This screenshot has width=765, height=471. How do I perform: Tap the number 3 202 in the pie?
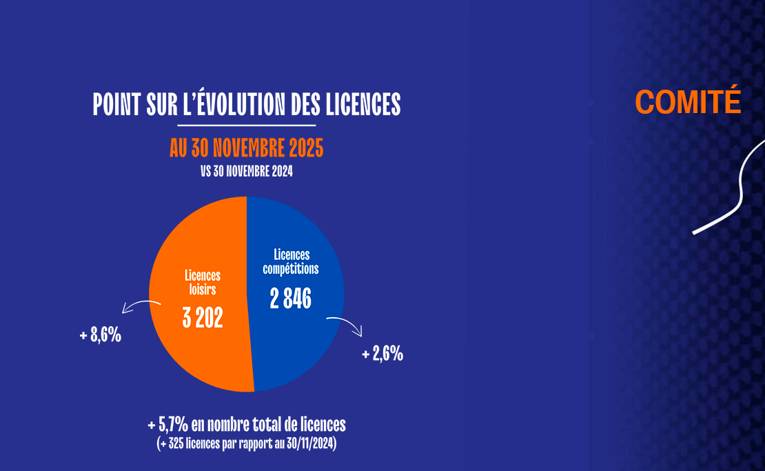[x=203, y=318]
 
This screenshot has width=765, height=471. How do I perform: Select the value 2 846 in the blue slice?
[x=291, y=299]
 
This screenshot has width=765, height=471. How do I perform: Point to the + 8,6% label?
[x=101, y=336]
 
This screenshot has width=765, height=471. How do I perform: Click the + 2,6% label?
[x=382, y=354]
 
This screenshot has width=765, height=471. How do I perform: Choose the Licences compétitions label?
[x=291, y=261]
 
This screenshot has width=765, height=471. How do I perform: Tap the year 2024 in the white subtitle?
[x=281, y=172]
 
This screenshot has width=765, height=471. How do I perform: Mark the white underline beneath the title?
[x=246, y=126]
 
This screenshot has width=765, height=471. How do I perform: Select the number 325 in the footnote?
[x=176, y=445]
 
